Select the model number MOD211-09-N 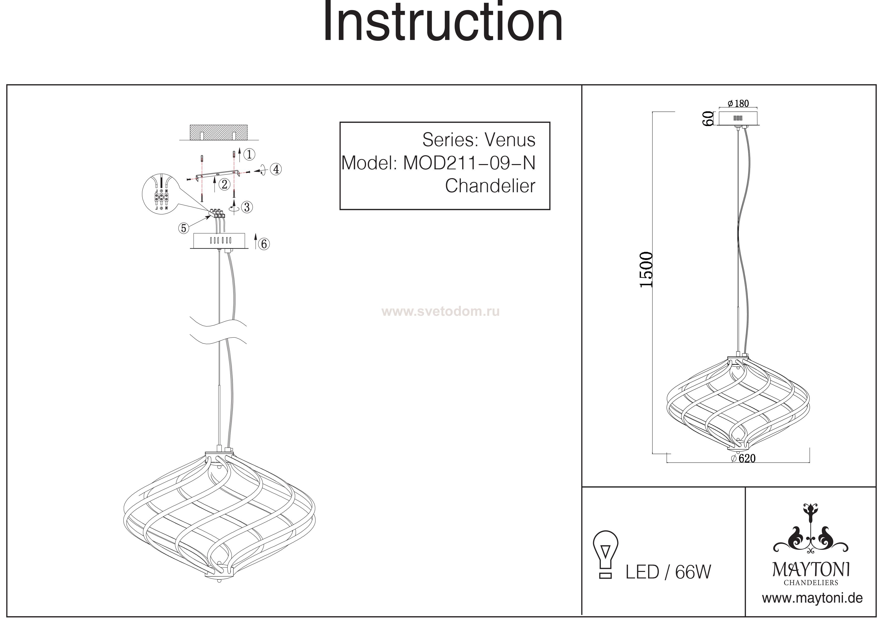click(469, 163)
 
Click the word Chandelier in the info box click(490, 186)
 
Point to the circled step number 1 click(249, 154)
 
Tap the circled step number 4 click(276, 169)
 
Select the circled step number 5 click(183, 228)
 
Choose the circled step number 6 click(264, 244)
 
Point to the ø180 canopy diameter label click(739, 103)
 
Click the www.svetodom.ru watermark click(441, 311)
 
